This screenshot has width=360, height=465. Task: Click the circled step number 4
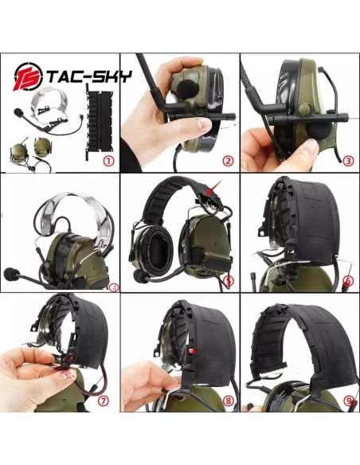(x=113, y=287)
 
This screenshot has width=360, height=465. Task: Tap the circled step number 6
(x=347, y=280)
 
